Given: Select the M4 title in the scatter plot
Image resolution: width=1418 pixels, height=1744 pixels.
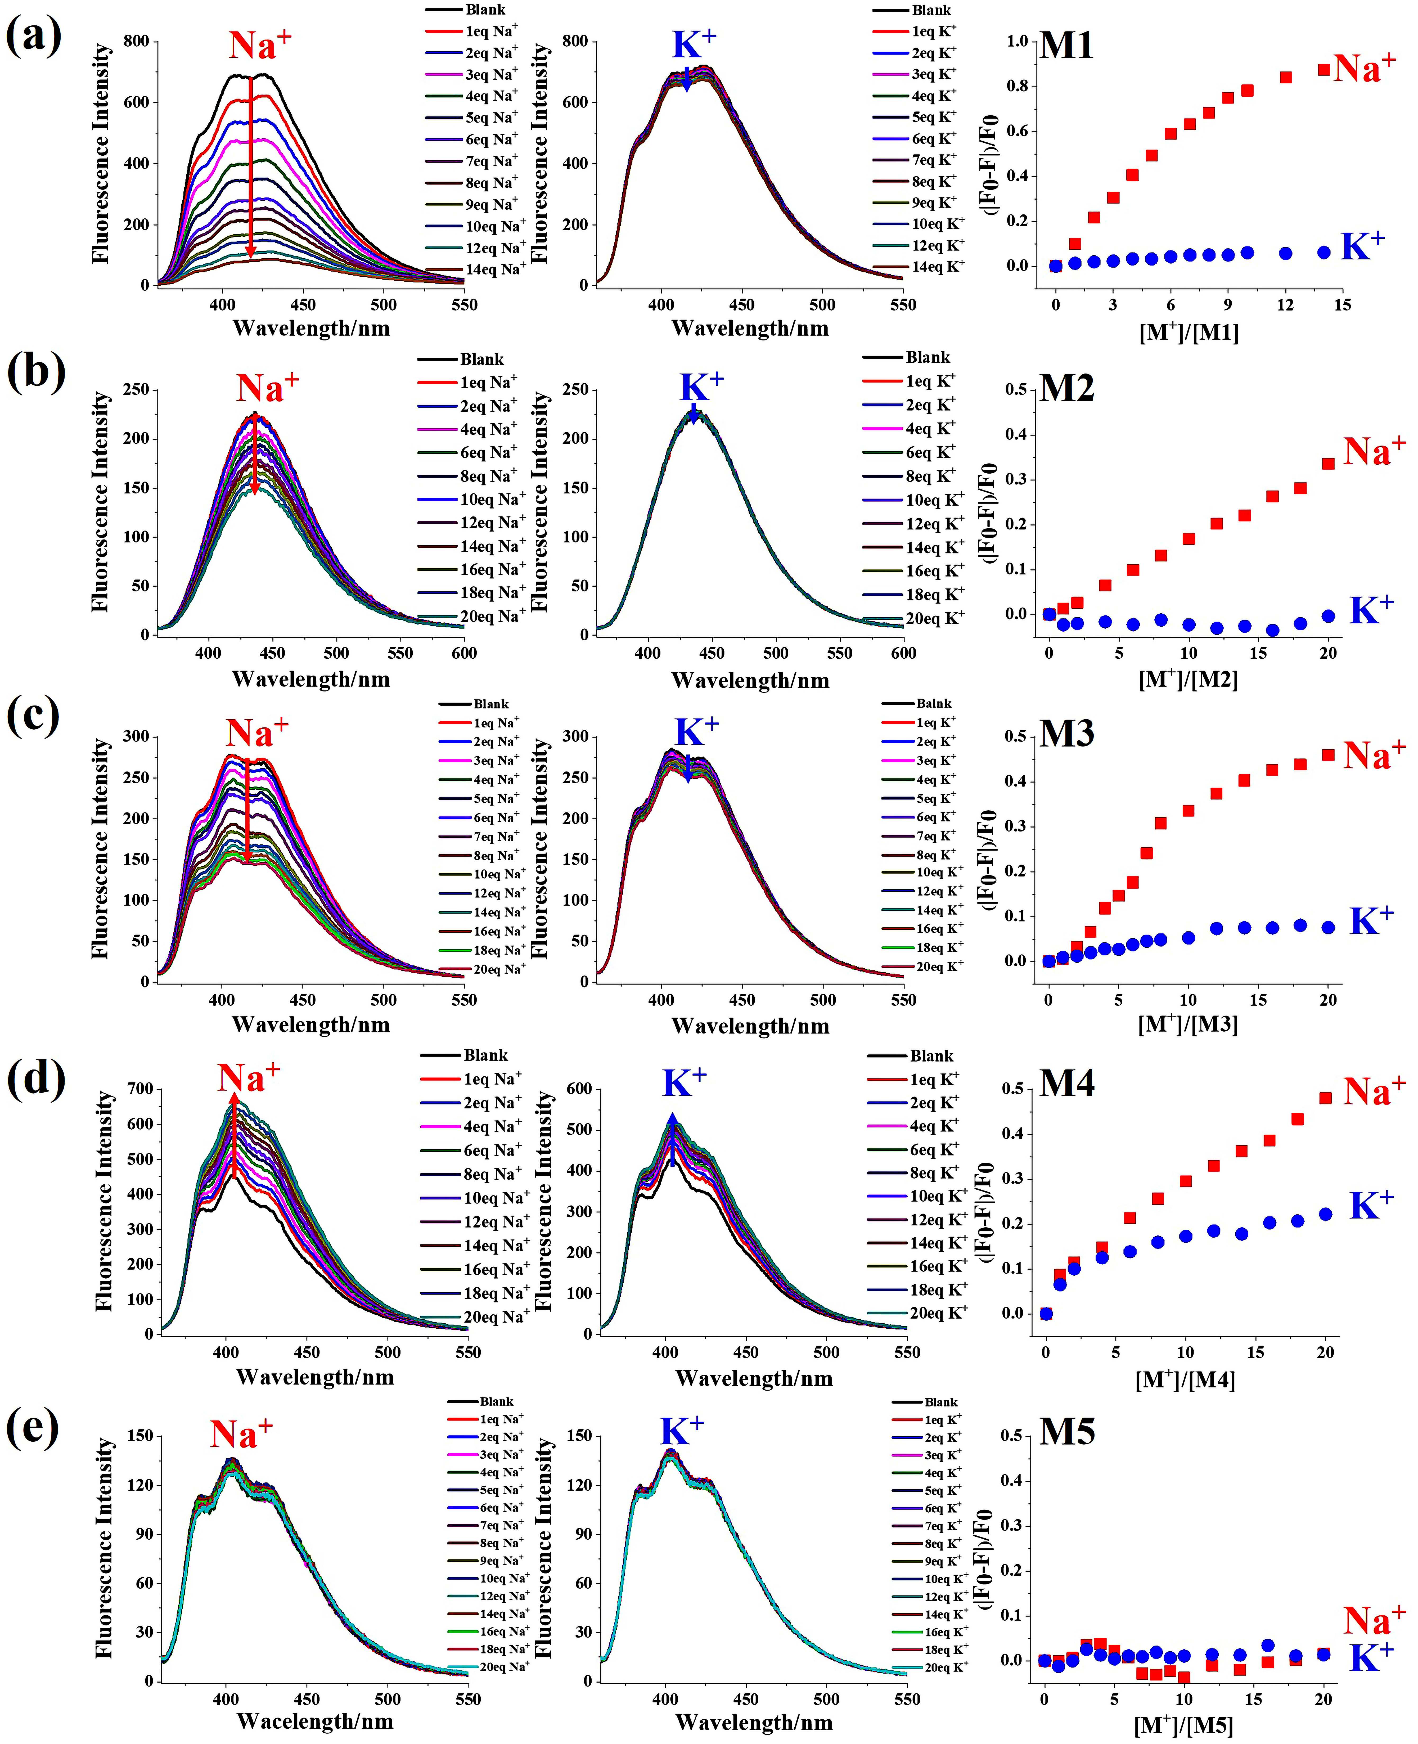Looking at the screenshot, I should [1066, 1083].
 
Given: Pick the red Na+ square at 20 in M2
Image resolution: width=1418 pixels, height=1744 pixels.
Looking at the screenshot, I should [1328, 463].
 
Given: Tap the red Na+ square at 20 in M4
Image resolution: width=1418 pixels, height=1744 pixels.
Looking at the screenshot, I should [1325, 1098].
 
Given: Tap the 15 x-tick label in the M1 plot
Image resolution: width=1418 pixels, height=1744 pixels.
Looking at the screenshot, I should [1342, 305].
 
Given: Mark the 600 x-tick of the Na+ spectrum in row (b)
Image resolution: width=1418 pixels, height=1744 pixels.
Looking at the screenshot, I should [464, 653].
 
